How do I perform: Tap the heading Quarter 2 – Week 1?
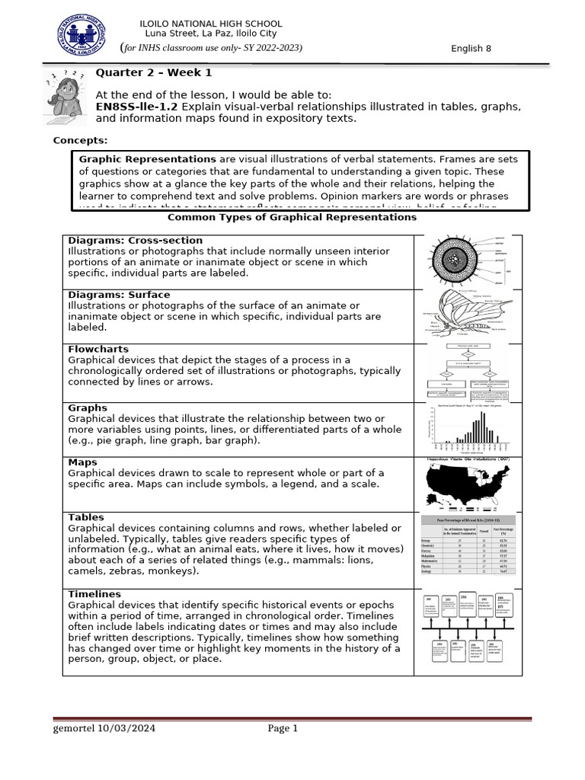click(x=153, y=73)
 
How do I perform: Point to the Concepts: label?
click(x=80, y=140)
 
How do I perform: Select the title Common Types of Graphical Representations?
click(x=292, y=218)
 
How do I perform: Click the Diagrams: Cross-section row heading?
click(x=130, y=240)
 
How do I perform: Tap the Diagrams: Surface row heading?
click(x=119, y=295)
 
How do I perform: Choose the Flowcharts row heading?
click(x=98, y=350)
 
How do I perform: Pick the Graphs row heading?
click(x=88, y=408)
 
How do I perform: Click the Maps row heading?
click(x=82, y=462)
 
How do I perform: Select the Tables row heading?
click(x=86, y=517)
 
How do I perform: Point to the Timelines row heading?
click(x=94, y=594)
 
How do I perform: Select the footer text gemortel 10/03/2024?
click(x=104, y=728)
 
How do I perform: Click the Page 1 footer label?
click(x=283, y=728)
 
